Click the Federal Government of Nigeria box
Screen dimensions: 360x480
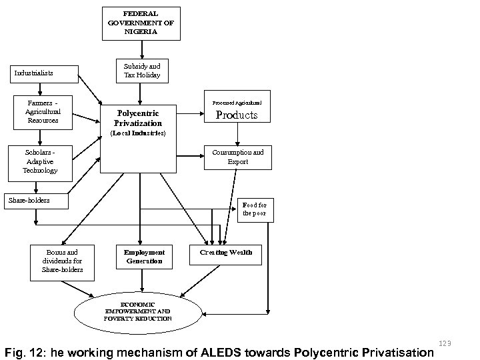click(x=141, y=23)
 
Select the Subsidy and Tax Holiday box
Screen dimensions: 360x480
click(x=141, y=71)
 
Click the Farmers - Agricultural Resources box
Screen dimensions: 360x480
click(x=43, y=112)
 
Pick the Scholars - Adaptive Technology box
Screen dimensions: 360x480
click(x=40, y=162)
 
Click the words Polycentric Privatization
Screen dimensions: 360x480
click(x=138, y=119)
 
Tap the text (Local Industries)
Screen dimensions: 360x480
click(x=138, y=133)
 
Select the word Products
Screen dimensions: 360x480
click(x=237, y=115)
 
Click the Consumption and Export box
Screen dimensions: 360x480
click(x=237, y=157)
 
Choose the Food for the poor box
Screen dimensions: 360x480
click(x=256, y=209)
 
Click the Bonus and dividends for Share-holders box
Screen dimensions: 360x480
click(x=62, y=261)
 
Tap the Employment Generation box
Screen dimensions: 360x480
click(x=145, y=257)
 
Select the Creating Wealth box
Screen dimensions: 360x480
click(x=226, y=253)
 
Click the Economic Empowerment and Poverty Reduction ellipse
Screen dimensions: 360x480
click(x=137, y=311)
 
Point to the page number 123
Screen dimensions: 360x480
click(x=446, y=343)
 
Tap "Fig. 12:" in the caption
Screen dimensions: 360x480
click(x=23, y=351)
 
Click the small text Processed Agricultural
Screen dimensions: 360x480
click(x=237, y=103)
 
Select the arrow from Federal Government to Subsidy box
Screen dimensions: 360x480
click(x=141, y=49)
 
